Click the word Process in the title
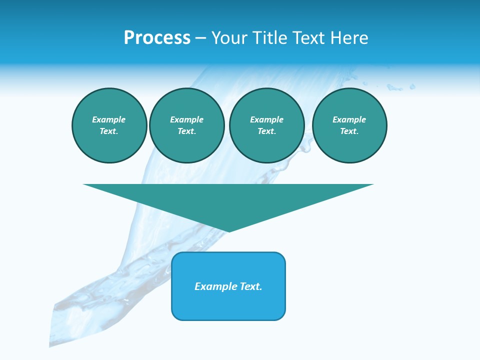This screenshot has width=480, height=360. (157, 38)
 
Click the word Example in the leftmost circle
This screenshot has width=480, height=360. (109, 119)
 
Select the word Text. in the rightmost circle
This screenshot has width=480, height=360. (349, 131)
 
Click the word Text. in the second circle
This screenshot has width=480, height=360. (186, 131)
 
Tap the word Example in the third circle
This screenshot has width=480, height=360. (266, 119)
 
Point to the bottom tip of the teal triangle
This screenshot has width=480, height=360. (228, 230)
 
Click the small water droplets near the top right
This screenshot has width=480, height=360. (400, 88)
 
